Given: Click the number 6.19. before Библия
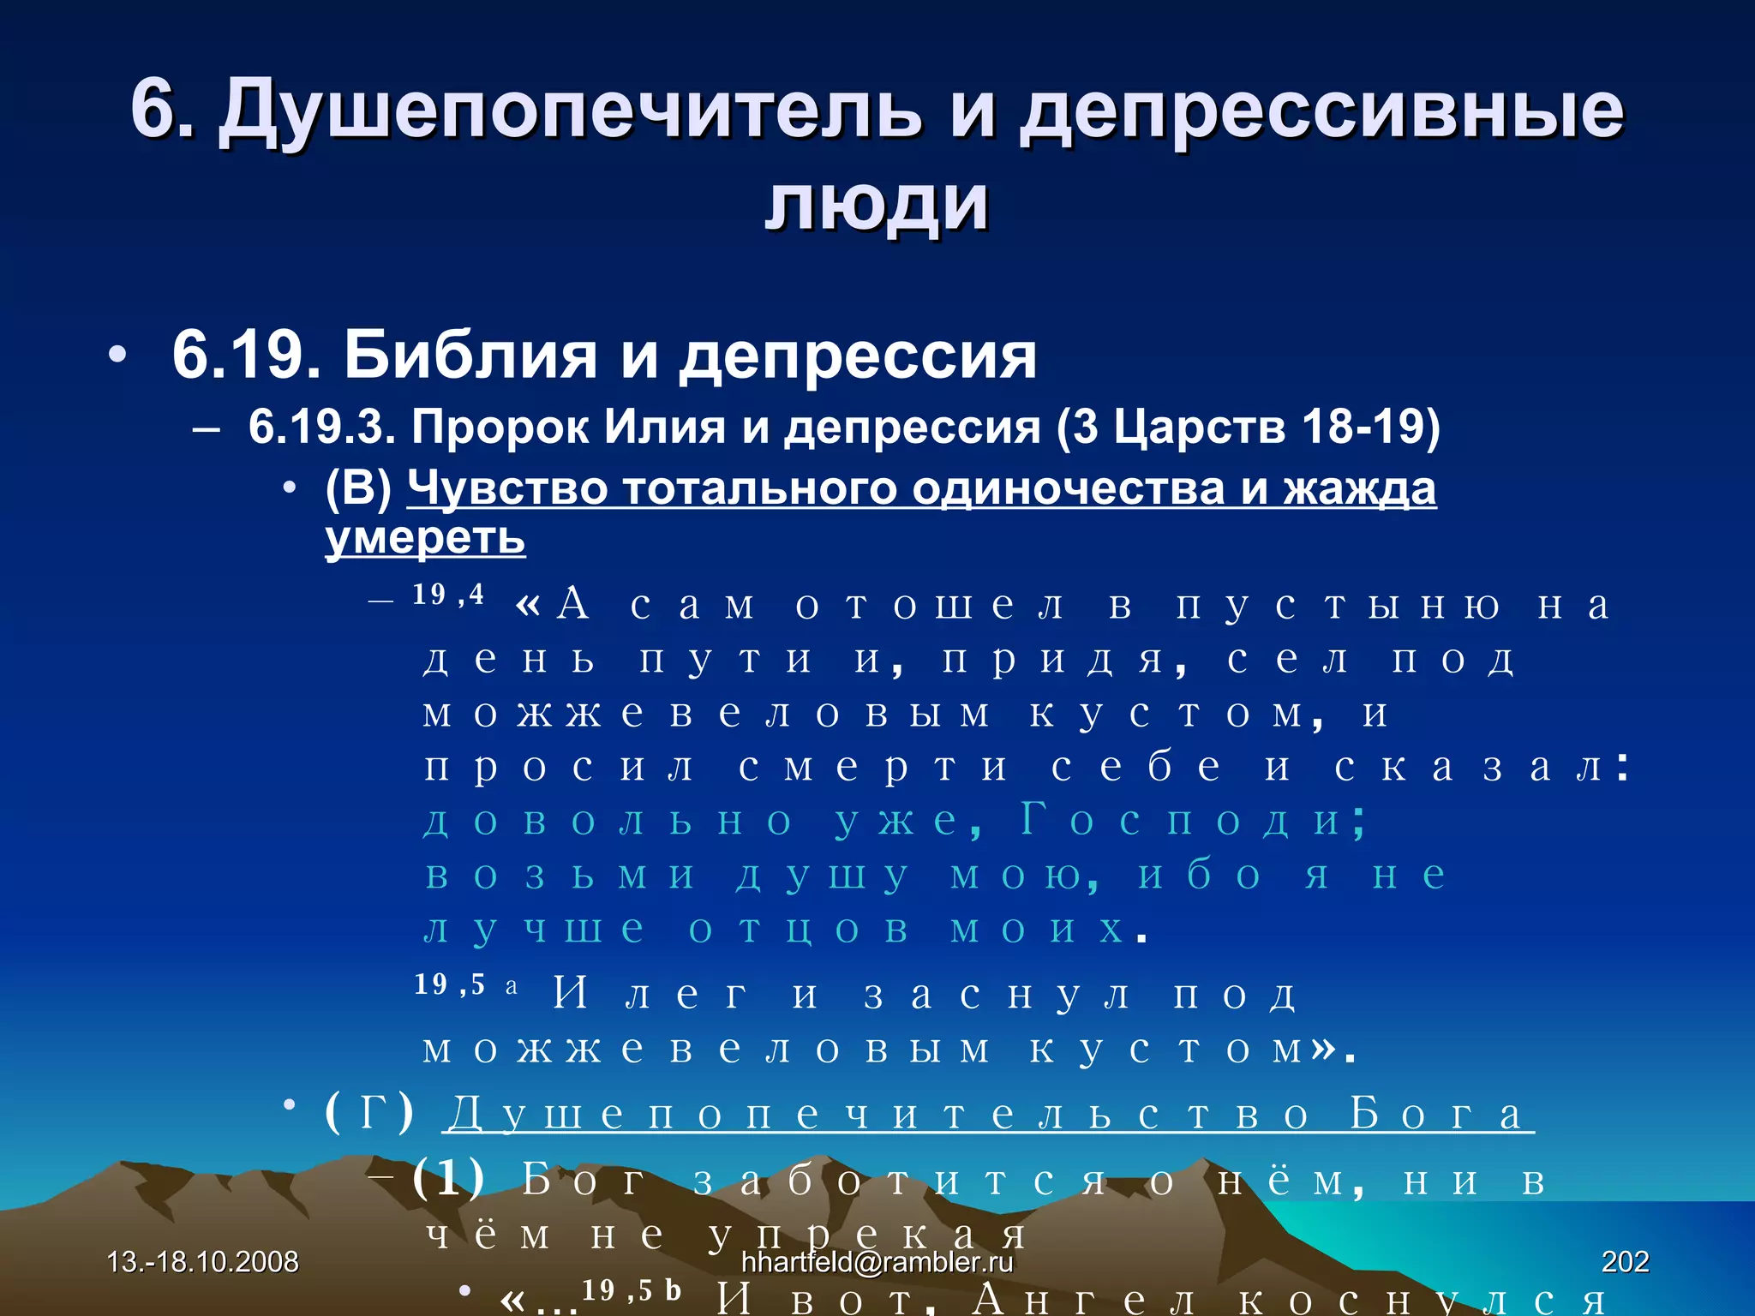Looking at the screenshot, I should pyautogui.click(x=247, y=355).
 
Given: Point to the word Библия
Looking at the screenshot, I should pyautogui.click(x=470, y=355).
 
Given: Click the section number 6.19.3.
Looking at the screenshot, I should pyautogui.click(x=321, y=426).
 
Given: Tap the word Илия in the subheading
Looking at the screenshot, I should pyautogui.click(x=665, y=426).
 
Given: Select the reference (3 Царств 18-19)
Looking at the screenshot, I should pyautogui.click(x=1248, y=426).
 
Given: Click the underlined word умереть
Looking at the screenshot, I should pyautogui.click(x=425, y=538).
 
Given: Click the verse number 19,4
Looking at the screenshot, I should pyautogui.click(x=448, y=595).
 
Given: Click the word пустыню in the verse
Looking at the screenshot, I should pyautogui.click(x=1338, y=605).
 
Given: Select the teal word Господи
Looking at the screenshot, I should pyautogui.click(x=1192, y=820).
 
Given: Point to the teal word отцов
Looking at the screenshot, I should pyautogui.click(x=798, y=929).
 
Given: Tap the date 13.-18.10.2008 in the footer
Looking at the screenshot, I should pyautogui.click(x=203, y=1261).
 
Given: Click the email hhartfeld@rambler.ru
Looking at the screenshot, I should pyautogui.click(x=877, y=1261).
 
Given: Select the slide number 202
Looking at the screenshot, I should pyautogui.click(x=1625, y=1261).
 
